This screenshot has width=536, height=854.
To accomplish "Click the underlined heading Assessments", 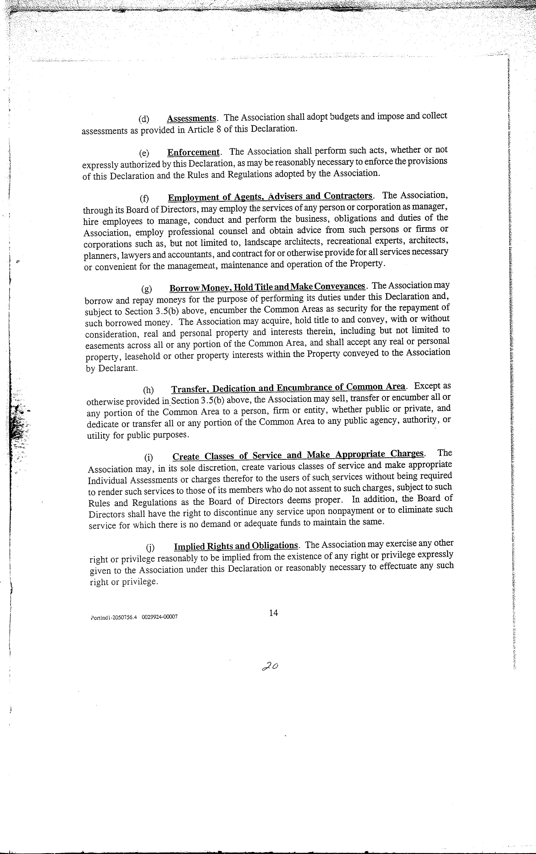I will click(x=191, y=118).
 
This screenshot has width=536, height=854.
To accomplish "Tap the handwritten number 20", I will click(x=270, y=666).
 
